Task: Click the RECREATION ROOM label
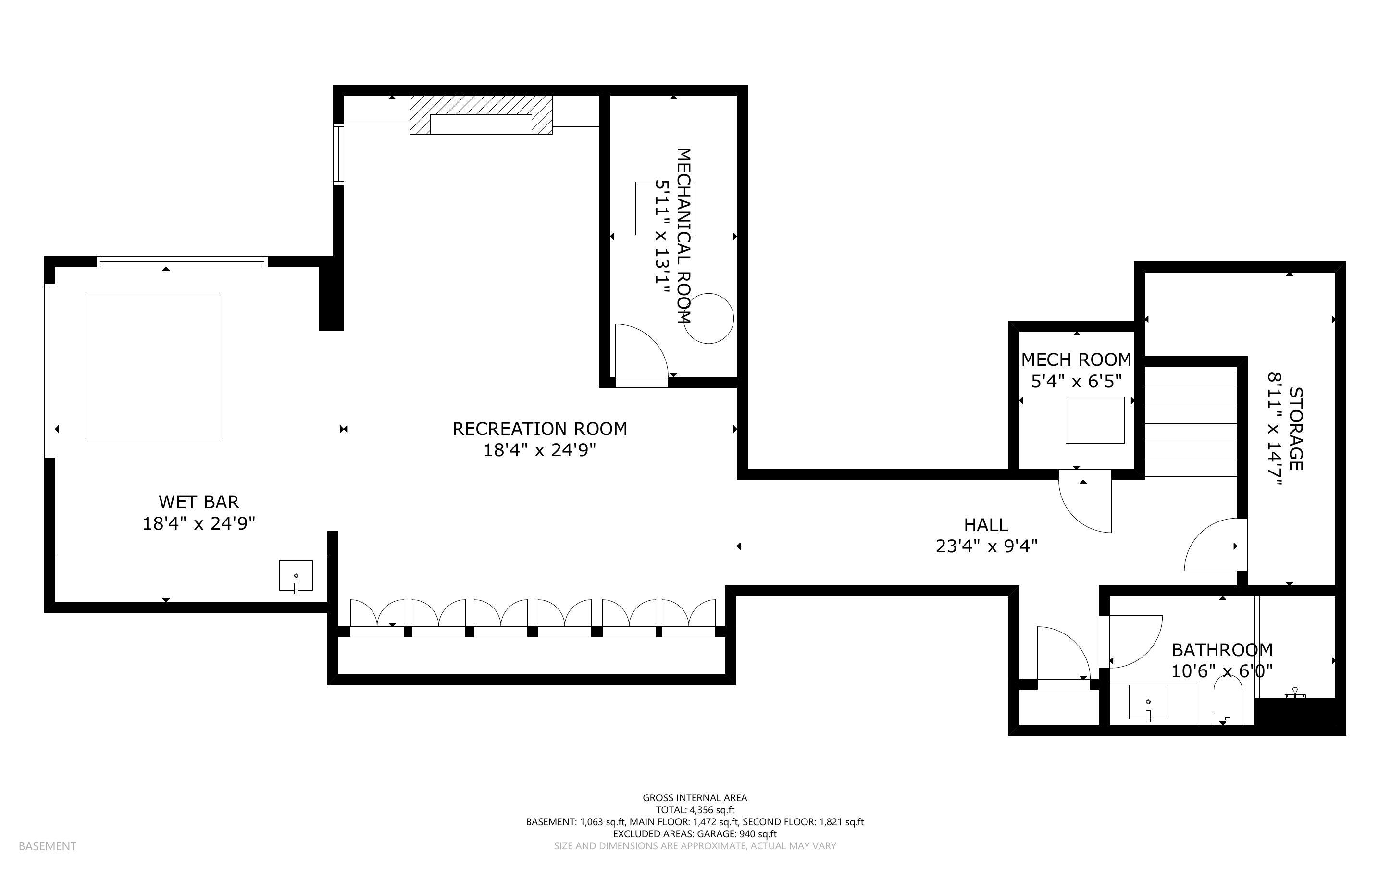539,429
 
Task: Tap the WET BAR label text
199,502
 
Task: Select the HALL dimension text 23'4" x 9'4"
986,546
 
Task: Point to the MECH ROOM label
1076,360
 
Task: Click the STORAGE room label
1296,429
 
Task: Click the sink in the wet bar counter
296,576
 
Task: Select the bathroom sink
1148,702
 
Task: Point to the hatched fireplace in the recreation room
482,115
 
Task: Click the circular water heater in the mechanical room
709,318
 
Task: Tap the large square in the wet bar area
153,367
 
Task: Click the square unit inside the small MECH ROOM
1095,420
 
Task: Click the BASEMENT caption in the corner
47,846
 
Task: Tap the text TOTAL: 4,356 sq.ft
695,810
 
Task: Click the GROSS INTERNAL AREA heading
695,798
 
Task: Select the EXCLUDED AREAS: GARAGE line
695,834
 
